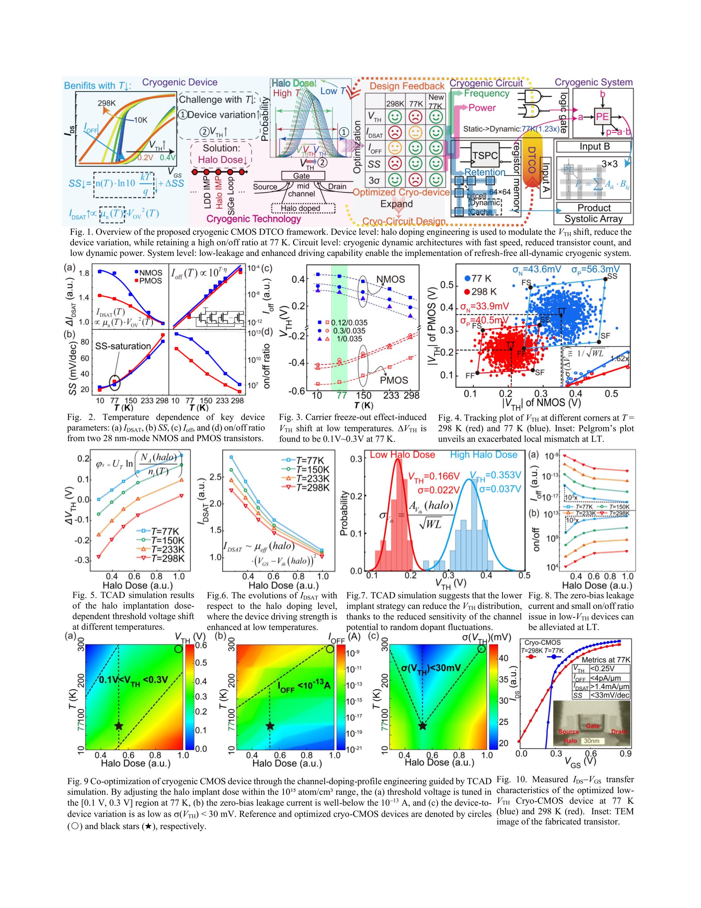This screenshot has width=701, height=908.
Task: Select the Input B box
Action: click(x=594, y=147)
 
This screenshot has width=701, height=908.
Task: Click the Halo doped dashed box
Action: click(x=303, y=208)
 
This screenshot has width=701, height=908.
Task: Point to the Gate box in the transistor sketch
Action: click(x=302, y=176)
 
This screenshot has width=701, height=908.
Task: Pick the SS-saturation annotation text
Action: click(x=123, y=346)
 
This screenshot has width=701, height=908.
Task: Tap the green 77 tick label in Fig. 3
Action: click(x=341, y=395)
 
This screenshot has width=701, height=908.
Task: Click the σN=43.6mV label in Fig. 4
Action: click(x=536, y=269)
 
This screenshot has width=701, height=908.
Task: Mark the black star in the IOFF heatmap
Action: click(x=270, y=725)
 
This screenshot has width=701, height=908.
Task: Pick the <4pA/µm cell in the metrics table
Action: click(x=609, y=677)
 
